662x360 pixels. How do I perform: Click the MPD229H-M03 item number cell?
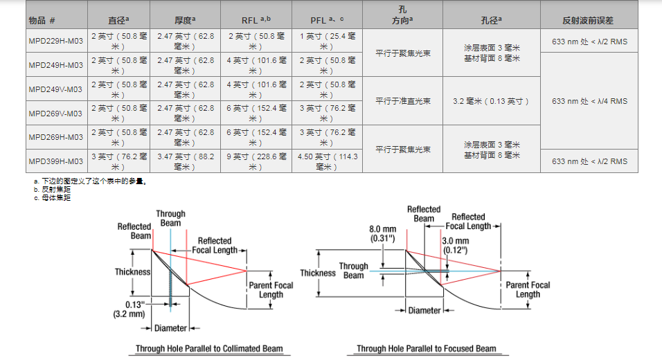(x=55, y=41)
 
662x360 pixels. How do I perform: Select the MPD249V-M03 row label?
(x=55, y=89)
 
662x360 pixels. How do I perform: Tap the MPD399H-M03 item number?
(x=55, y=161)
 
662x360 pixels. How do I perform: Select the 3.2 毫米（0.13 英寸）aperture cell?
(x=491, y=101)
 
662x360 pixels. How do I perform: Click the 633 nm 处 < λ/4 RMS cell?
(x=589, y=101)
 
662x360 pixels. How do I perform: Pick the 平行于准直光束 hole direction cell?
(x=403, y=101)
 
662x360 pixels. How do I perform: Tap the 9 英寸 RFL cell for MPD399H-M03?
(x=257, y=161)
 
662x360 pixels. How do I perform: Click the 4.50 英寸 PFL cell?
(x=328, y=161)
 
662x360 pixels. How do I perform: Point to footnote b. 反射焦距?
(x=52, y=190)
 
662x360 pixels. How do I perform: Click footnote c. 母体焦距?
(x=52, y=198)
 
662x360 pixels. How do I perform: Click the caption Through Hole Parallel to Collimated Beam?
(x=208, y=348)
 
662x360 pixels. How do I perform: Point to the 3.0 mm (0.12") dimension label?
(x=457, y=244)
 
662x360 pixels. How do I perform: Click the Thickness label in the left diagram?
(x=132, y=271)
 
